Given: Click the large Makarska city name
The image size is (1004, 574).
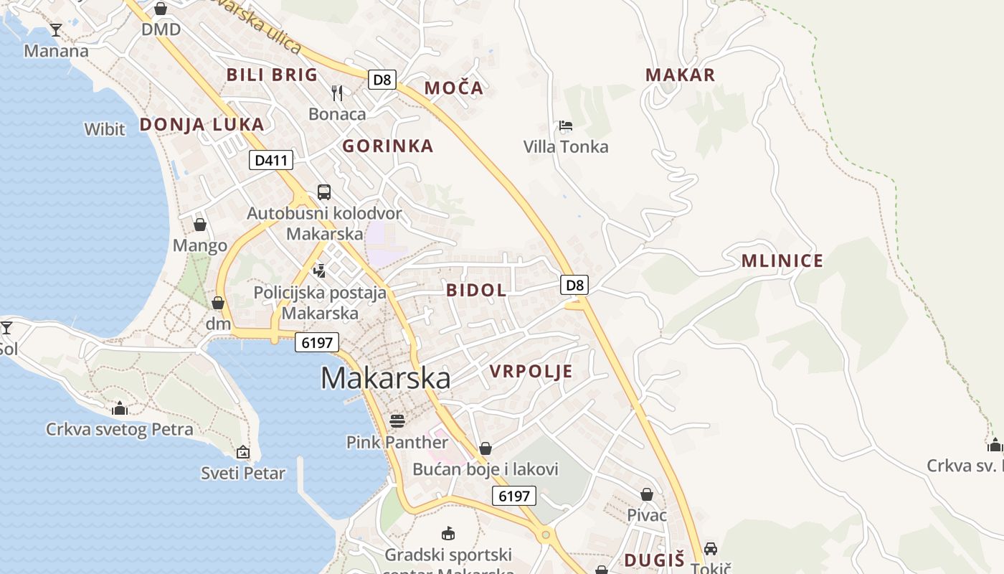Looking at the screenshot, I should (385, 378).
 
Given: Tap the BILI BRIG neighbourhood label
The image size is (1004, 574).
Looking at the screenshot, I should (272, 75).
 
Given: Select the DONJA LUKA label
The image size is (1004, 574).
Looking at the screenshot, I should (202, 124).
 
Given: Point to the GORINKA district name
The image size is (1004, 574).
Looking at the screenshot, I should (387, 146).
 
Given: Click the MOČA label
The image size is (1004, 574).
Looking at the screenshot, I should (453, 88).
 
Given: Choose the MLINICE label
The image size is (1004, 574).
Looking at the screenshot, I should (782, 260).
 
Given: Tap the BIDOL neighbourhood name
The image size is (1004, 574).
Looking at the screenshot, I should (476, 291).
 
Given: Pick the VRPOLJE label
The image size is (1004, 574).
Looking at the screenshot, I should (531, 371).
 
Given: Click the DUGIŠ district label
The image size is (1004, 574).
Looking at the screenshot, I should (654, 560).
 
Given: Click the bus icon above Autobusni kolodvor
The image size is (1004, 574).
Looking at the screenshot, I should (324, 192).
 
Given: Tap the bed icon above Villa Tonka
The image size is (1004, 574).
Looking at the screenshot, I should (566, 126).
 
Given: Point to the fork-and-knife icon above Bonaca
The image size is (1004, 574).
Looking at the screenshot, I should (337, 93).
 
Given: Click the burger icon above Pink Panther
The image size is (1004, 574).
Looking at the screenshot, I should (397, 420).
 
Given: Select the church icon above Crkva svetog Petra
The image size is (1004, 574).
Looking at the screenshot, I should (120, 408).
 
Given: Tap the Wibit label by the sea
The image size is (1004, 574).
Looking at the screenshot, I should (105, 130).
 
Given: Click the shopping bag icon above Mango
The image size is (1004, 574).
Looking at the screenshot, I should (200, 225).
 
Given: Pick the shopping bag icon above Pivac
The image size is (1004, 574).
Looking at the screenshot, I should (647, 494).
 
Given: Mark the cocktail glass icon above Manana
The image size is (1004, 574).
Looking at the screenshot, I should (56, 29).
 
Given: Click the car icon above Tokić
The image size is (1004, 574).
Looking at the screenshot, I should (710, 548).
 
